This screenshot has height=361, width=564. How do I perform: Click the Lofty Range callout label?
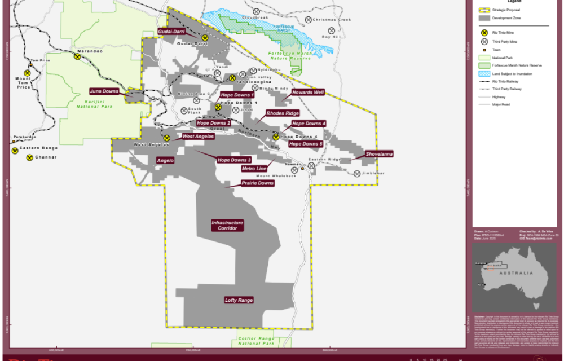[239, 300]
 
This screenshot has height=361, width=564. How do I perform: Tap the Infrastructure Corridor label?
[227, 226]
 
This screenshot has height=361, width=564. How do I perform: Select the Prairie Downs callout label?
[257, 183]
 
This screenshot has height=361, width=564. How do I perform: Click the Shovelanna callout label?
[379, 153]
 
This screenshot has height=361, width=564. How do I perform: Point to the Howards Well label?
[308, 92]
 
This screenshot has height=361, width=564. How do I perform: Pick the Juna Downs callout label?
[104, 91]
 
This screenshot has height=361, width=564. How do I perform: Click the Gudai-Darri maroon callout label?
[171, 32]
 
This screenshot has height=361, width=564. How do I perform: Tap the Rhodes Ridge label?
[283, 113]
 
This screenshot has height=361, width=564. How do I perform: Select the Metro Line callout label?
[254, 169]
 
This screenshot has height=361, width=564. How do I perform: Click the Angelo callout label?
[165, 161]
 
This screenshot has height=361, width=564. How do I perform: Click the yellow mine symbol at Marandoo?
[77, 56]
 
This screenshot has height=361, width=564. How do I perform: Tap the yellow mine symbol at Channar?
[29, 157]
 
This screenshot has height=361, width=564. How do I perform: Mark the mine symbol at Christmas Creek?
[308, 20]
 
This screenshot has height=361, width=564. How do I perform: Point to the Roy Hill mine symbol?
[332, 31]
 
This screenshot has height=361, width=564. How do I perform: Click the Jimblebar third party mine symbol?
[357, 173]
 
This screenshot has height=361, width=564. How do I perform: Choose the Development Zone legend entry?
[505, 18]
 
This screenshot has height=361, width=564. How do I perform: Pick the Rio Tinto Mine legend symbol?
[483, 33]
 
